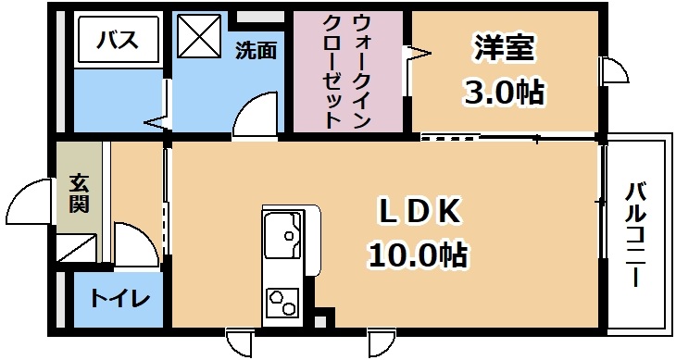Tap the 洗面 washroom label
click(x=257, y=49)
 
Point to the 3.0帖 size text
click(x=504, y=93)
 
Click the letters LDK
click(x=419, y=212)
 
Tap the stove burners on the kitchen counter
click(x=282, y=301)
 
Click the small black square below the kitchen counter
click(x=321, y=322)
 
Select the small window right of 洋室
click(x=610, y=71)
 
